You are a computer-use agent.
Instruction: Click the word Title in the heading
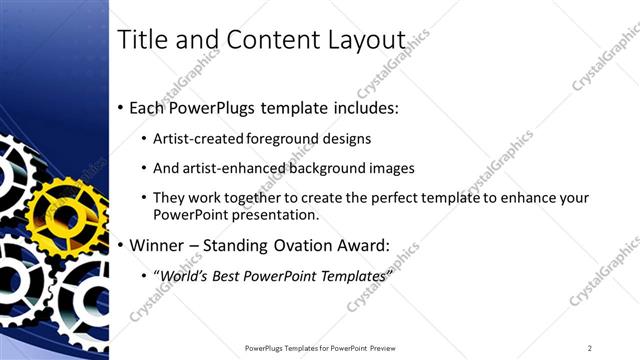point(143,40)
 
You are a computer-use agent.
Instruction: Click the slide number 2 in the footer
point(590,348)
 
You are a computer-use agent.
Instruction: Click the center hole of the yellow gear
point(66,214)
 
